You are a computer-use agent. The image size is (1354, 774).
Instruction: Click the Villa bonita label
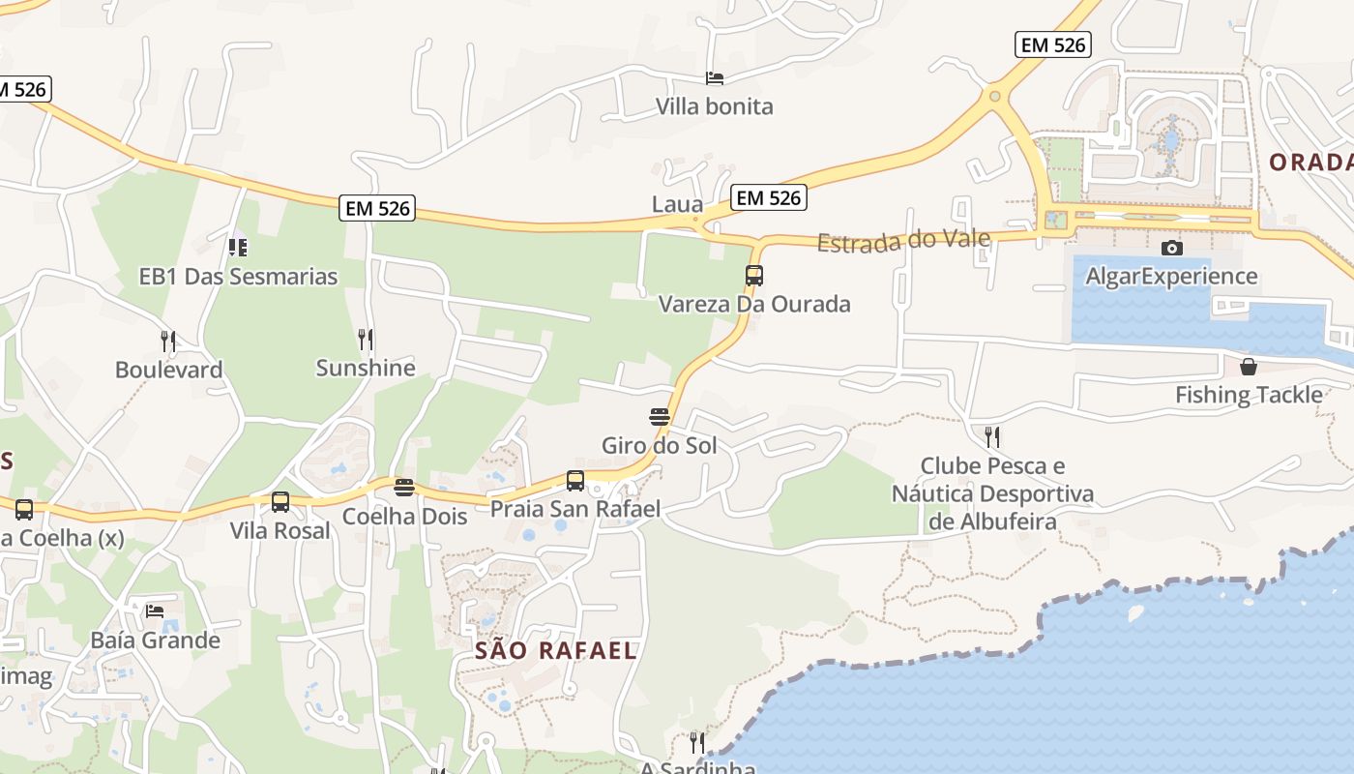[x=715, y=106]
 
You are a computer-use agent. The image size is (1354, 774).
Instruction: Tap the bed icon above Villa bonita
[x=715, y=78]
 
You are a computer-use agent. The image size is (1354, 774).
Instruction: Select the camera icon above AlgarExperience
[x=1171, y=249]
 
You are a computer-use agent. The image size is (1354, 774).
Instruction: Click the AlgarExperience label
[x=1171, y=277]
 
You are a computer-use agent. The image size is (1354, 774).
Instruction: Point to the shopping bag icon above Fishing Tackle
[x=1249, y=367]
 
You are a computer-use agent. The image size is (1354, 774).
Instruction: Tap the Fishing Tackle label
[x=1249, y=395]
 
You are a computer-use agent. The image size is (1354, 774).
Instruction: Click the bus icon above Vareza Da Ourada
[x=754, y=276]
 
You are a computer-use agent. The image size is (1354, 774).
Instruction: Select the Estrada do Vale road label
[x=903, y=241]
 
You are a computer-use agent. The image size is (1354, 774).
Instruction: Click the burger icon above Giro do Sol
[x=660, y=418]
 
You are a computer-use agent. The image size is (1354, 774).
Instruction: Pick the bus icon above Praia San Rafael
[x=575, y=481]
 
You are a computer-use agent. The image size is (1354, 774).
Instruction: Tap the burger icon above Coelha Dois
[x=404, y=488]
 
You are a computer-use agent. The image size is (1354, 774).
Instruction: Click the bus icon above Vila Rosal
[x=280, y=502]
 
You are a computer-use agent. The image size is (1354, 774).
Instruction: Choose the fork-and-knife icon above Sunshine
[x=366, y=340]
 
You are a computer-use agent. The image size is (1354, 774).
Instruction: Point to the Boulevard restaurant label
[x=168, y=370]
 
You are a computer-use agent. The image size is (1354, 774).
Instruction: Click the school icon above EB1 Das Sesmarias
[x=238, y=248]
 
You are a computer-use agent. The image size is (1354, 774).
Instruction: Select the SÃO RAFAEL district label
[x=556, y=651]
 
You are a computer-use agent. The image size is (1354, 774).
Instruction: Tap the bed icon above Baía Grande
[x=155, y=611]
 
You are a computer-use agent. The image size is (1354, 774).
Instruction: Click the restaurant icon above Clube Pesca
[x=992, y=437]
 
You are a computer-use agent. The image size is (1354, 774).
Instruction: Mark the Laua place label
[x=677, y=204]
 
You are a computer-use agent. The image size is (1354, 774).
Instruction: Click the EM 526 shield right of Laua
[x=769, y=198]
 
